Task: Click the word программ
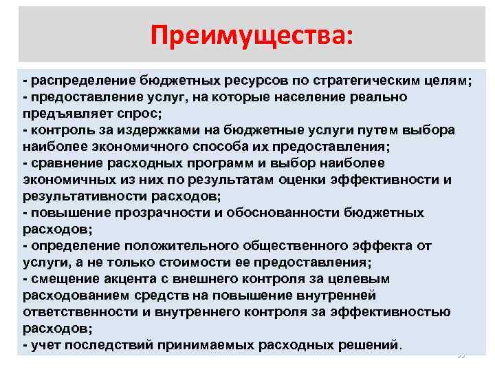219,163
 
